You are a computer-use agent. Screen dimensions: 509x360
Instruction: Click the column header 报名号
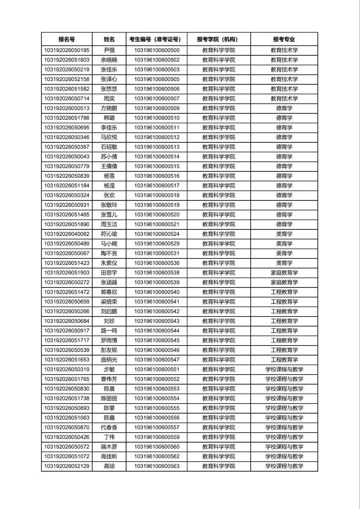66,39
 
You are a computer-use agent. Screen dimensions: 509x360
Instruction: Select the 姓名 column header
109,39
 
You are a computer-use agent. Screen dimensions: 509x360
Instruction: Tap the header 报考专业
284,39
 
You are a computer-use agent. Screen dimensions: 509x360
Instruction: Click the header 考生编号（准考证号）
156,39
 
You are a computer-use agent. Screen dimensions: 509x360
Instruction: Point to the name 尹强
109,50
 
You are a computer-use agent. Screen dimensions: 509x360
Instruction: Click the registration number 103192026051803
66,60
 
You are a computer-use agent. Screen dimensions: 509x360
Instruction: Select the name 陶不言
109,253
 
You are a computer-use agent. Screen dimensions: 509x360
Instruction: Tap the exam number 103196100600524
157,234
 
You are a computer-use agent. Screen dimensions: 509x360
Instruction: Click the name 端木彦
109,447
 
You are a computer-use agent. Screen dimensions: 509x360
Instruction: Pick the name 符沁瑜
109,234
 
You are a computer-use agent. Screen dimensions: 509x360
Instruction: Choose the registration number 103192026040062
66,234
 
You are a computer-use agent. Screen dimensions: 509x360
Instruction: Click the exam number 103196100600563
157,466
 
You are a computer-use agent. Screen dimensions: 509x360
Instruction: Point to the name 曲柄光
109,359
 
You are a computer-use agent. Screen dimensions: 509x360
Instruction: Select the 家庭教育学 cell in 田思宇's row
284,273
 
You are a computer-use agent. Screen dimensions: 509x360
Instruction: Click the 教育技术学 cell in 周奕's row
284,99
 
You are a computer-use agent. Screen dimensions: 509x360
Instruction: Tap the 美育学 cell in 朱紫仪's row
284,263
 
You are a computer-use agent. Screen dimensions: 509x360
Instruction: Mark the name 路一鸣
109,330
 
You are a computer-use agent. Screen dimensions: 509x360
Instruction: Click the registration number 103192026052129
66,466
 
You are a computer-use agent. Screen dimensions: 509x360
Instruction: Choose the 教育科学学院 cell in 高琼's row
218,466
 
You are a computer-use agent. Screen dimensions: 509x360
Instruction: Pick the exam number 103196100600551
157,369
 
